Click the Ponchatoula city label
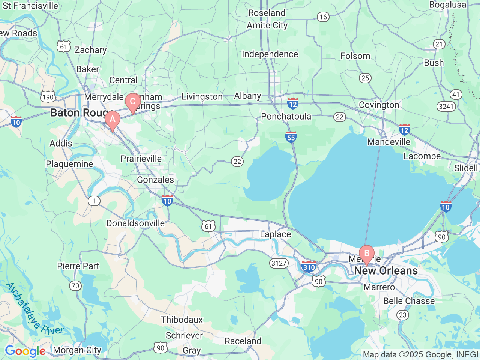(286, 117)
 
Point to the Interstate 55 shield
(291, 137)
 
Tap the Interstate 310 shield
(309, 266)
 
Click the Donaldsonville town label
(135, 223)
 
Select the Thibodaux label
(182, 320)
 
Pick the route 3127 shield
(279, 263)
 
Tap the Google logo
(25, 351)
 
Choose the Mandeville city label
(388, 142)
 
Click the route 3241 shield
(446, 106)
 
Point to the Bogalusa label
(447, 5)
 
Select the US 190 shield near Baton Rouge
(48, 97)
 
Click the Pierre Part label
(78, 266)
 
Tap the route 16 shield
(323, 17)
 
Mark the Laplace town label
(275, 234)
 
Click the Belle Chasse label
(409, 301)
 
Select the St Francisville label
(30, 6)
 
